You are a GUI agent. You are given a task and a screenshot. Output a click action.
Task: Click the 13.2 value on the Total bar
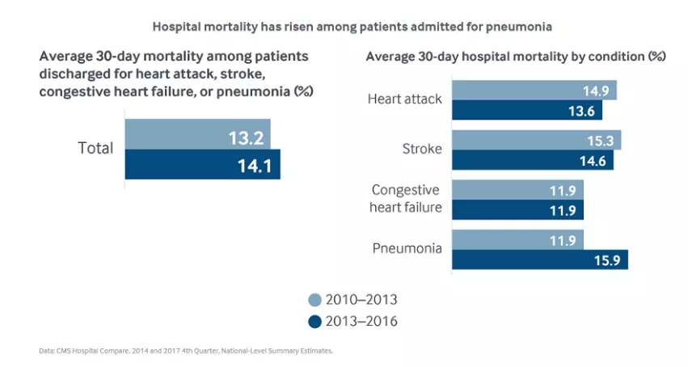coord(246,138)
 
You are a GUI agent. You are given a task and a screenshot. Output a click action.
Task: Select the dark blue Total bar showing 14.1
coord(202,164)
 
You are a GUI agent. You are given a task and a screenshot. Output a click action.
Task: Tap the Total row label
coord(95,149)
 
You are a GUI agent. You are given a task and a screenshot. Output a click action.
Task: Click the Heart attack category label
coord(404,99)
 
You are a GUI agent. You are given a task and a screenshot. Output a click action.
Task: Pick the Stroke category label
coord(421,149)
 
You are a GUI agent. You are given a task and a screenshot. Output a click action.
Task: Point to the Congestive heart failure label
coord(406,199)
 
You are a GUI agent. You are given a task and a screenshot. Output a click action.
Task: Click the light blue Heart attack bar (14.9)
coord(534,90)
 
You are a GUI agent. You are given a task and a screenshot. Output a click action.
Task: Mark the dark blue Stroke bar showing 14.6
coord(533,160)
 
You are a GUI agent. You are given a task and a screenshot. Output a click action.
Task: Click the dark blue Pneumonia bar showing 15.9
coord(539,259)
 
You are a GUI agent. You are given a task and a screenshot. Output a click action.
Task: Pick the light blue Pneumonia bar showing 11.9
coord(517,239)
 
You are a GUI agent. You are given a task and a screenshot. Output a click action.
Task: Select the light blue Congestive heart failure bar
coord(517,189)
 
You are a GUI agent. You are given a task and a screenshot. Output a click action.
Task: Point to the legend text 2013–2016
coord(361,321)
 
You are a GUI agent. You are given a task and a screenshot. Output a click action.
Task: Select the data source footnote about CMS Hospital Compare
coord(185,352)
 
